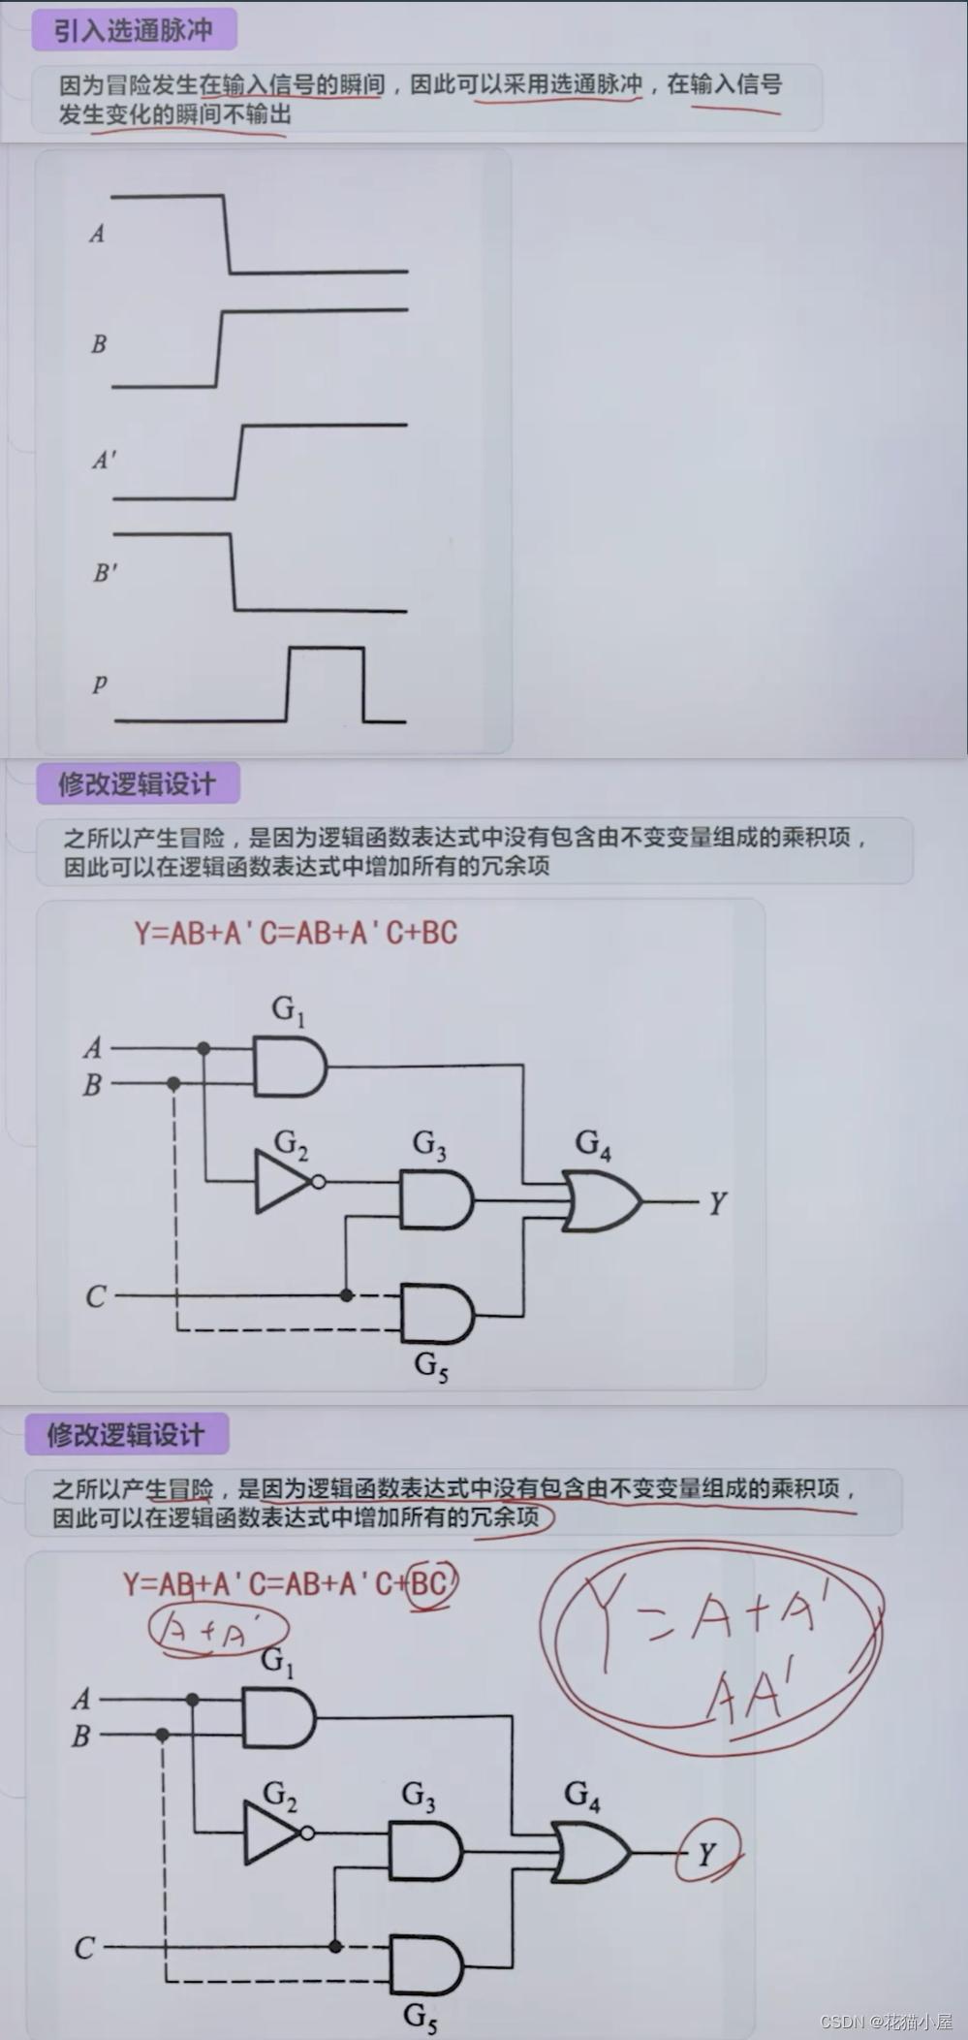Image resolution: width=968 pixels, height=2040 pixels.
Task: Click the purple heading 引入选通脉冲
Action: [x=133, y=30]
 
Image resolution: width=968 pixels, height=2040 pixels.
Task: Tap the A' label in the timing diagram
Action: [x=104, y=460]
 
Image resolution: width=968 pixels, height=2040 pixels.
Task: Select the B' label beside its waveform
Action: [x=105, y=572]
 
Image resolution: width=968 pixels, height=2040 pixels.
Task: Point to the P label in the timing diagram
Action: [x=99, y=684]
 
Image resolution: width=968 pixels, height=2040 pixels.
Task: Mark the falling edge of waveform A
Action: [x=228, y=234]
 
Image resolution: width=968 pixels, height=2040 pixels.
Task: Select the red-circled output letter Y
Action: [x=707, y=1854]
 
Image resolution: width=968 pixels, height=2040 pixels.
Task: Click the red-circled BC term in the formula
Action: [x=430, y=1583]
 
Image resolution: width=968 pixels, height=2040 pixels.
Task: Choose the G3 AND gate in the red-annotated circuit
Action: [x=424, y=1850]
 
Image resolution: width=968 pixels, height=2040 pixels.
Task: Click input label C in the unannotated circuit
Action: [x=95, y=1296]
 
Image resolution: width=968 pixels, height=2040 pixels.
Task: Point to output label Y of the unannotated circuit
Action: [x=717, y=1203]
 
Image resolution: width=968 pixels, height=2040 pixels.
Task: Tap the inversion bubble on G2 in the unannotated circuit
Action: [x=318, y=1182]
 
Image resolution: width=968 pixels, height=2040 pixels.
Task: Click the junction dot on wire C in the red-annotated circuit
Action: [x=335, y=1946]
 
